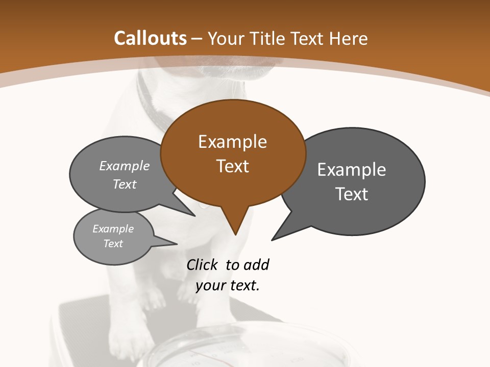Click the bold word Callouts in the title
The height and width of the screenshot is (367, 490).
pyautogui.click(x=151, y=38)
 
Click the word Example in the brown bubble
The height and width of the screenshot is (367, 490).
pyautogui.click(x=232, y=142)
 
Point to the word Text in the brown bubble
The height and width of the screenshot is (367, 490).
pyautogui.click(x=233, y=166)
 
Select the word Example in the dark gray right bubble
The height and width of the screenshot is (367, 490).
pyautogui.click(x=352, y=170)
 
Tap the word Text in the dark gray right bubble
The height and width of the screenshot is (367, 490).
pyautogui.click(x=352, y=194)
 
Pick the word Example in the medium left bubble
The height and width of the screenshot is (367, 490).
pyautogui.click(x=125, y=166)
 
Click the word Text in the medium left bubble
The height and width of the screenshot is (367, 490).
pyautogui.click(x=125, y=185)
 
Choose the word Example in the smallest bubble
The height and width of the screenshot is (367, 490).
pyautogui.click(x=113, y=229)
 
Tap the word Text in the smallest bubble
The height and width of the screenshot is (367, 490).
pyautogui.click(x=113, y=244)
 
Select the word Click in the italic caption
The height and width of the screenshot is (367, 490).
pyautogui.click(x=202, y=265)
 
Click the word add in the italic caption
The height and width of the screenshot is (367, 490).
pyautogui.click(x=256, y=265)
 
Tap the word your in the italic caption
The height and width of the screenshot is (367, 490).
pyautogui.click(x=210, y=285)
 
